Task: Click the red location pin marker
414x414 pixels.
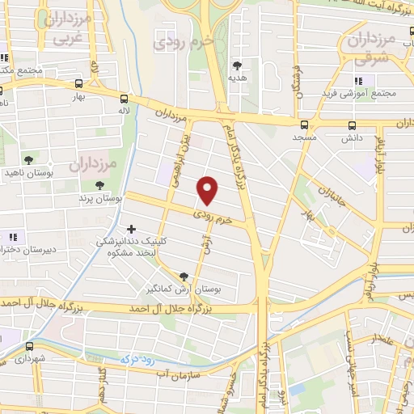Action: coord(208,190)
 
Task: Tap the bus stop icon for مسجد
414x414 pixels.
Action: coord(304,125)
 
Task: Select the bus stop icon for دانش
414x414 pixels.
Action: coord(352,125)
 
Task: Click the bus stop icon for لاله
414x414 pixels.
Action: coord(124,97)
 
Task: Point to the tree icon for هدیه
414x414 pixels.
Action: coord(237,65)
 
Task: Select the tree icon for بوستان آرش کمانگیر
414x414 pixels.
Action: coord(184,276)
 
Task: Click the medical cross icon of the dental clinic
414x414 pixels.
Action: coord(131,228)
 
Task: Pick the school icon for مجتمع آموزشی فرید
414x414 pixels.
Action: coord(359,80)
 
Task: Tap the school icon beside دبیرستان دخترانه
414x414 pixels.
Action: coord(13,237)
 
